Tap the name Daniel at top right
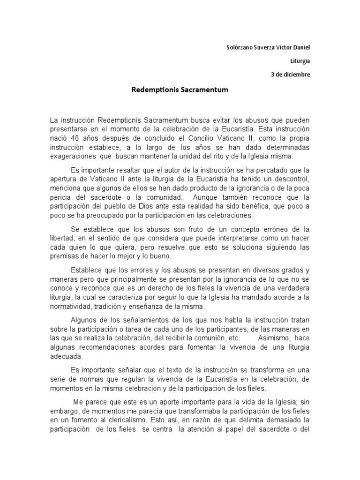(300, 47)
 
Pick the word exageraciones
(72, 156)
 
